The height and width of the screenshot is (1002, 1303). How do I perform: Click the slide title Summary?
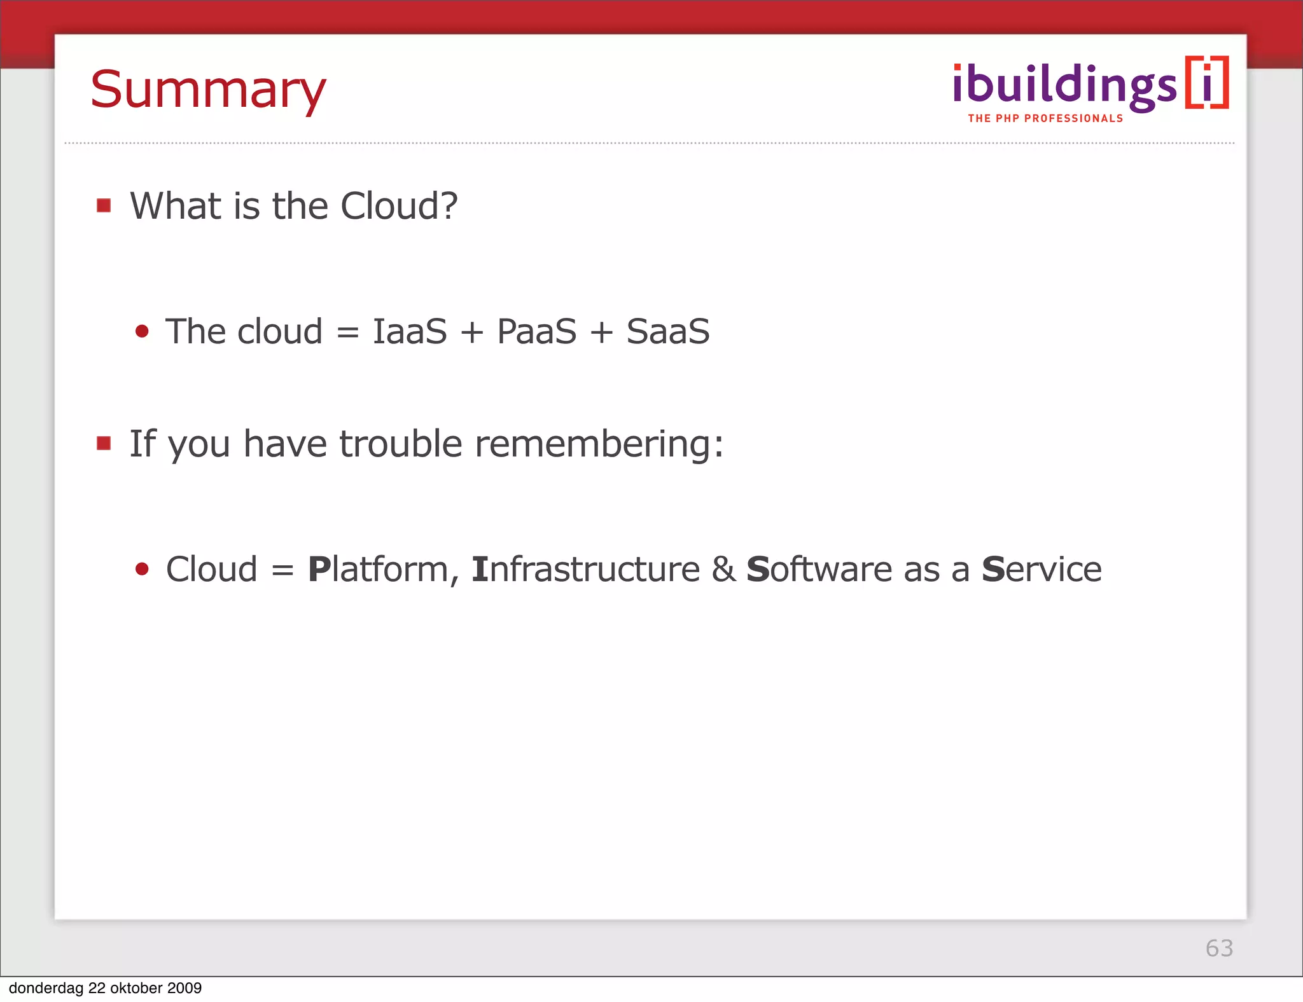[208, 90]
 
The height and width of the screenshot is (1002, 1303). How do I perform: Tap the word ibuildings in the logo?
[1064, 86]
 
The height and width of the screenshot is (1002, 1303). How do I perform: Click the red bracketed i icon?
[1207, 83]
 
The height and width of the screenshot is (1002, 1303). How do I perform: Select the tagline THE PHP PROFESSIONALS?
[1045, 118]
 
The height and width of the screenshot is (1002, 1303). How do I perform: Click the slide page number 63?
[1219, 948]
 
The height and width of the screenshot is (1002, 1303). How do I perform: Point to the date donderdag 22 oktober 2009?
[105, 987]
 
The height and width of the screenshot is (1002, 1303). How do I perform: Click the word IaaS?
[410, 331]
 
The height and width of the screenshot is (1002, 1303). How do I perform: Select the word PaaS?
[536, 331]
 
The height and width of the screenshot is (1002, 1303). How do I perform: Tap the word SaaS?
[667, 331]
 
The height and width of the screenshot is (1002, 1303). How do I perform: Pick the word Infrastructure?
[585, 569]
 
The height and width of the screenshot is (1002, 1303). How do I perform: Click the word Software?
[819, 569]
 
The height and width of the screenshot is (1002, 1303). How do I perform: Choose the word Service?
[1041, 569]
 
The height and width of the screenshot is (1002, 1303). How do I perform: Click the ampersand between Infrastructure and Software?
[723, 569]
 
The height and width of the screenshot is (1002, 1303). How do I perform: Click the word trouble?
[401, 443]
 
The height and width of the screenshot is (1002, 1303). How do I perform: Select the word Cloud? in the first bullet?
[399, 206]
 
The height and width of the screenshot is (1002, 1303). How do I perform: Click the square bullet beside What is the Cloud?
[104, 205]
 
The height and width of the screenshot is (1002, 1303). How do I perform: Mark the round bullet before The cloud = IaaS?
[142, 331]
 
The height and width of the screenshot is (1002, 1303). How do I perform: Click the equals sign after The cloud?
[347, 333]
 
